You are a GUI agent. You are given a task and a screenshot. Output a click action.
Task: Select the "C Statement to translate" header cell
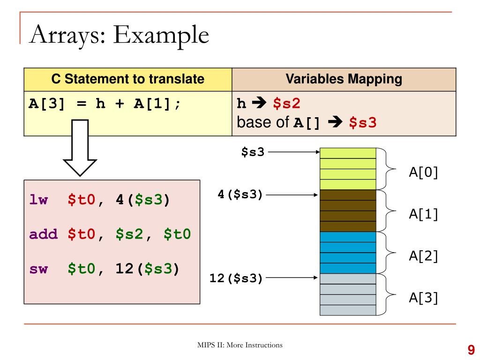tap(128, 79)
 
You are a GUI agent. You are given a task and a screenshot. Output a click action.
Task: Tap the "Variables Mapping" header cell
tap(344, 79)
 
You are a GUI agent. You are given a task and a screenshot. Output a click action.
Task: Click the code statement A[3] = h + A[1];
tap(105, 103)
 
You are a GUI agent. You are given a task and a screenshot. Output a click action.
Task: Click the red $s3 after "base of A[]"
tap(363, 123)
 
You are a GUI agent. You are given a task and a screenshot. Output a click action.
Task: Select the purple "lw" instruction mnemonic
tap(38, 200)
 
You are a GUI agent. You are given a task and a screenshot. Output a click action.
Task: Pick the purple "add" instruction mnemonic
tap(43, 234)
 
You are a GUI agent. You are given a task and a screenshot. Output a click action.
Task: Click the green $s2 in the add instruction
tap(130, 234)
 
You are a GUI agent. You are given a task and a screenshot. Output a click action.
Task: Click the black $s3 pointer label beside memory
tap(253, 152)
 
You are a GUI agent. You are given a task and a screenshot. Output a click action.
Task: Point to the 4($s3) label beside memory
tap(240, 194)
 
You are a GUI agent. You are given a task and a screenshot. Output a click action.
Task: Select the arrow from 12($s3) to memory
tap(292, 278)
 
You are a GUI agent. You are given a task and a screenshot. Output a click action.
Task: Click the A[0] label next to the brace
tap(423, 172)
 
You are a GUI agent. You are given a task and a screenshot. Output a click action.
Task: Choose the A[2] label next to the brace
tap(423, 256)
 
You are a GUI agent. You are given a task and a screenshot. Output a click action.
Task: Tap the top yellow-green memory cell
tap(348, 153)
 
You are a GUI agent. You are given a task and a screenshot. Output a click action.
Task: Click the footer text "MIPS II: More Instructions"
tap(240, 345)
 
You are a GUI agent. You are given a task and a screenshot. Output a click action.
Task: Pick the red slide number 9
tap(471, 349)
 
